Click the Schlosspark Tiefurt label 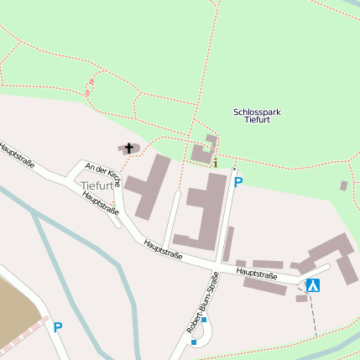tap(251, 116)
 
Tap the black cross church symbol tap(128, 149)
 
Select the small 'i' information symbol tap(216, 163)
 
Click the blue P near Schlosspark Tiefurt tap(237, 182)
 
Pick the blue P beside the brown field tap(57, 327)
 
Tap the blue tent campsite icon tap(313, 285)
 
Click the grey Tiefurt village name tap(97, 185)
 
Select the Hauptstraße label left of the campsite tap(257, 274)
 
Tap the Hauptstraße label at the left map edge tap(17, 156)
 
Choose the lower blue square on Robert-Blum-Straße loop tap(194, 342)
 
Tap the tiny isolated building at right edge tap(343, 185)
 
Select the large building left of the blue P tap(205, 214)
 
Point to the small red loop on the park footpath tap(90, 86)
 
